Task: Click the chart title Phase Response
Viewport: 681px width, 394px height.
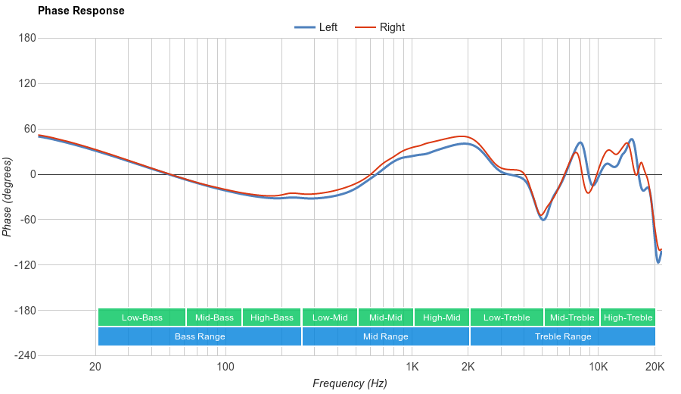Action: (81, 11)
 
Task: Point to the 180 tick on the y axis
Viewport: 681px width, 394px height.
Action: (27, 38)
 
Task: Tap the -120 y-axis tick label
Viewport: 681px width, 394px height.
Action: (24, 265)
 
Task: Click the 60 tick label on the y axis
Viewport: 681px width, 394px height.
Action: (30, 129)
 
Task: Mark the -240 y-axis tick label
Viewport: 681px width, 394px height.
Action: (24, 356)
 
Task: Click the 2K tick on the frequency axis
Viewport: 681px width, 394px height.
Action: (468, 367)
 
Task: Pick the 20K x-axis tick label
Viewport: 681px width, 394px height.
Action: (655, 367)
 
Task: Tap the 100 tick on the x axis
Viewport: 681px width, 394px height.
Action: (225, 367)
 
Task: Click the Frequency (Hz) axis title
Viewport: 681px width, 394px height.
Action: (350, 383)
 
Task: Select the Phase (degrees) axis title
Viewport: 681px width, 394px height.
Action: (8, 197)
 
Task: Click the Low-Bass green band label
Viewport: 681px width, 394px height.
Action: (141, 317)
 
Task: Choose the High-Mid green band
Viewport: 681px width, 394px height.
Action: (441, 317)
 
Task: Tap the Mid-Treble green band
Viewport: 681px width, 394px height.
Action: (571, 317)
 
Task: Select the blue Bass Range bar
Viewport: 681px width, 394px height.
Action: (200, 336)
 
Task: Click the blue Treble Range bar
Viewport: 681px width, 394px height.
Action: (562, 336)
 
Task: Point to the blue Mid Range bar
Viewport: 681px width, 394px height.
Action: (385, 336)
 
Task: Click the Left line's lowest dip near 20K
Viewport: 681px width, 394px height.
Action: (658, 262)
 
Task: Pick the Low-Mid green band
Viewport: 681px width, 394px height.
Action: (330, 317)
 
